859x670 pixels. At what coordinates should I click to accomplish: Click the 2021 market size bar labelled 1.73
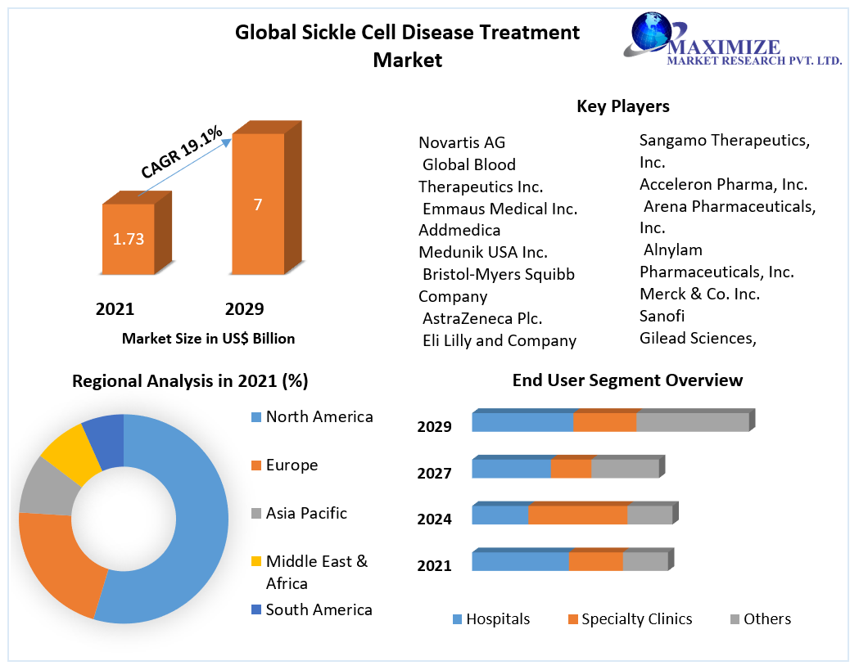point(128,238)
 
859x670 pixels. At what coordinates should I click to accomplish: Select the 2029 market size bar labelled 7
point(258,204)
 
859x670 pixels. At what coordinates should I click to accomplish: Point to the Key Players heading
point(622,106)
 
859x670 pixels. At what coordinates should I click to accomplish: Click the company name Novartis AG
point(462,142)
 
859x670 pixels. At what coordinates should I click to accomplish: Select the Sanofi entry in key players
point(662,316)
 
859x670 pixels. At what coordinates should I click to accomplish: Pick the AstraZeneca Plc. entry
point(482,318)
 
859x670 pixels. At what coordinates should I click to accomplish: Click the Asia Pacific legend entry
point(305,513)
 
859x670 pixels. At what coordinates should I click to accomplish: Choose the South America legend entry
point(318,609)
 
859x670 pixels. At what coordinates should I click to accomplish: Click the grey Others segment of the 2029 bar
point(692,421)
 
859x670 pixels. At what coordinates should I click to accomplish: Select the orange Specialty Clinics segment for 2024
point(577,515)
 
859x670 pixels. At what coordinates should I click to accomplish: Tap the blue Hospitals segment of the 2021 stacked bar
point(520,561)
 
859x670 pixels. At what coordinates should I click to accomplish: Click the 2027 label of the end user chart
point(434,474)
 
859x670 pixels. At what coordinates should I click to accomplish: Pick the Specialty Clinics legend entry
point(636,619)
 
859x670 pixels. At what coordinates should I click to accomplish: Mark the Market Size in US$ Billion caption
point(208,338)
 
